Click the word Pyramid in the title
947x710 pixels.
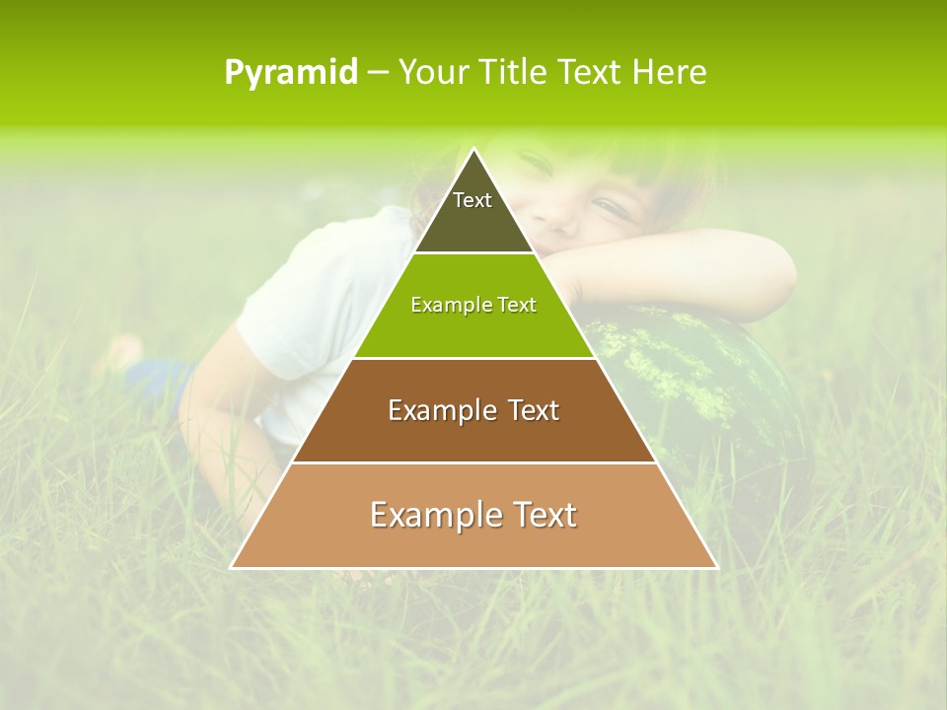coord(290,73)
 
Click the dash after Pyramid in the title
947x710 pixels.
coord(377,73)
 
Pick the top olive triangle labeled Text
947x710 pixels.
coord(473,212)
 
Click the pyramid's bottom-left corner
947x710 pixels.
coord(233,567)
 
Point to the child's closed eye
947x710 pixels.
coord(612,207)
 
